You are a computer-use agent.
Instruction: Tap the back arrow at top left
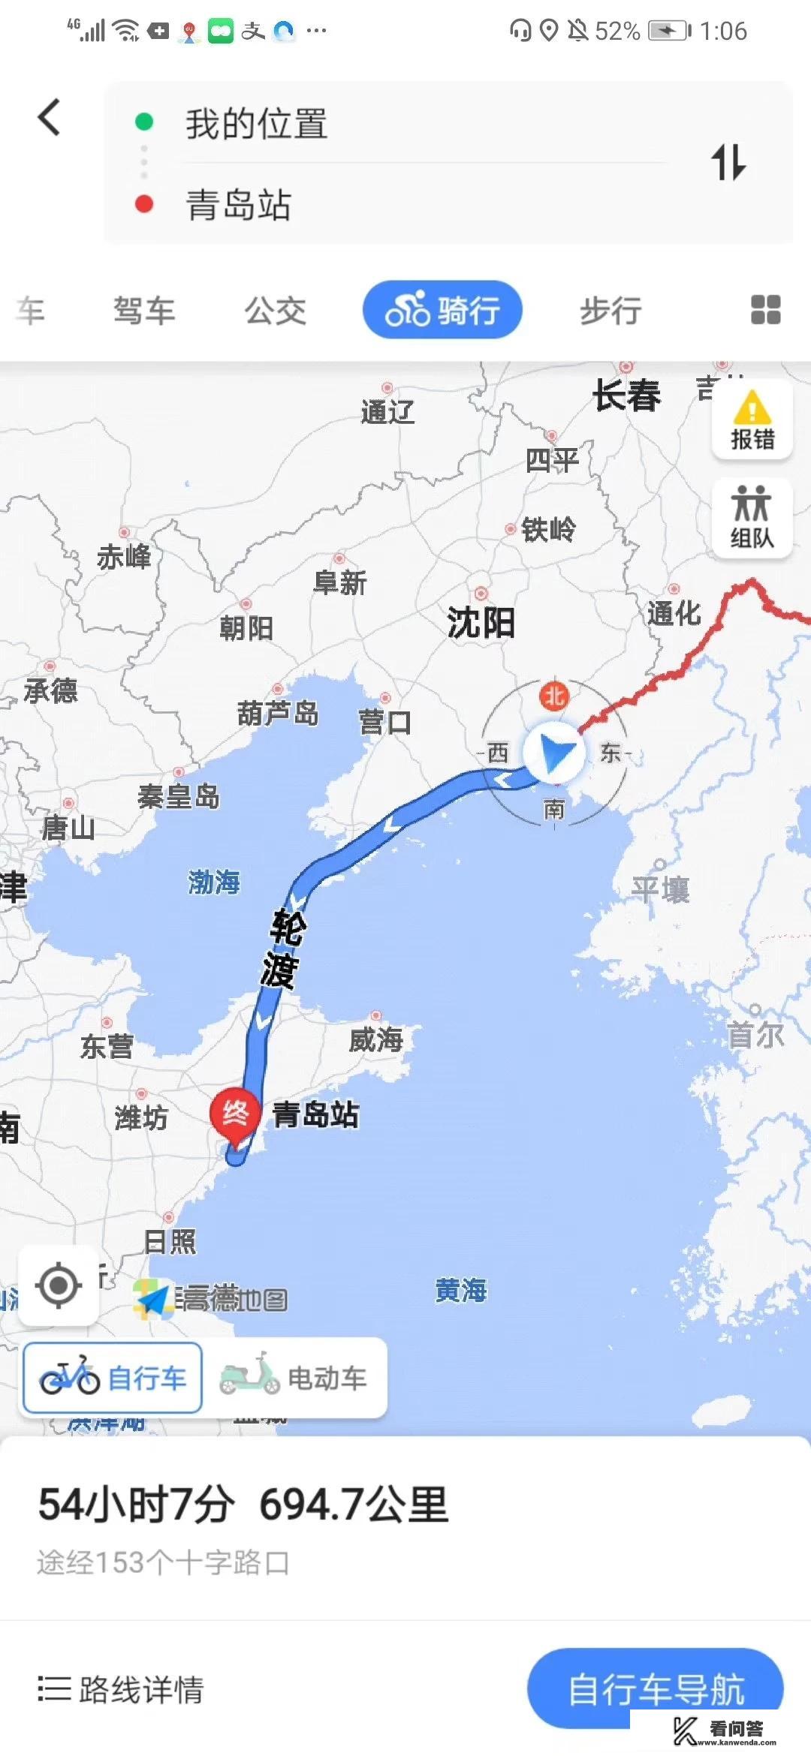point(50,118)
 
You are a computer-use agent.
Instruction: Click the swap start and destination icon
point(728,162)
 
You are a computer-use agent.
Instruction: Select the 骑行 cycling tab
point(442,309)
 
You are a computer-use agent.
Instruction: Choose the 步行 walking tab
point(611,310)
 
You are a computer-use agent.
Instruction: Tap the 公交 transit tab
point(276,310)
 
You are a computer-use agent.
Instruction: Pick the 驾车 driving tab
point(144,310)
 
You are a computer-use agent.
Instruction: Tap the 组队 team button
point(752,517)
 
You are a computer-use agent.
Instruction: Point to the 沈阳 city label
point(481,622)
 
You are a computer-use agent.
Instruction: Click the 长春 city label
point(627,395)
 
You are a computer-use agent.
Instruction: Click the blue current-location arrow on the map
point(554,753)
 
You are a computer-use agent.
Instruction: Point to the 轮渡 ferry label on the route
point(283,949)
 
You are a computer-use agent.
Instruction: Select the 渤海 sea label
point(214,882)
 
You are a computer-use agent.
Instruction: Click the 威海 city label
point(376,1039)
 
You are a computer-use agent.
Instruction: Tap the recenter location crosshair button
point(59,1285)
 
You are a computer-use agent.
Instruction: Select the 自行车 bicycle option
point(113,1378)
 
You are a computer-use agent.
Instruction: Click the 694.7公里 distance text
point(354,1505)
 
